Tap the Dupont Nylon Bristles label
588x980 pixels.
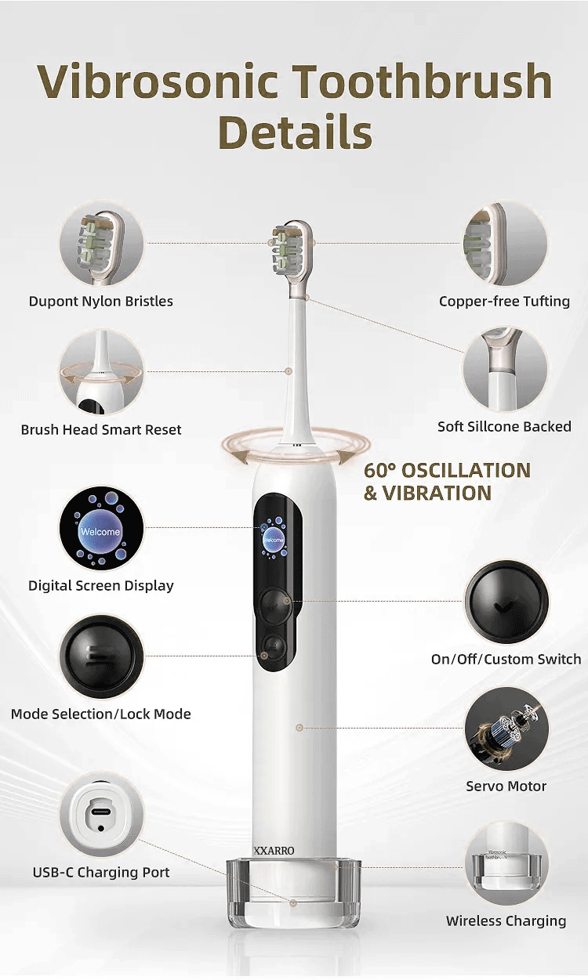coord(101,302)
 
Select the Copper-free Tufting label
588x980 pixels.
coord(504,302)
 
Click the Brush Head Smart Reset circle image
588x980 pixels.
coord(101,372)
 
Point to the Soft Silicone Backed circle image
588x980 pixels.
coord(504,370)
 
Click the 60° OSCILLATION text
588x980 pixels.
coord(447,471)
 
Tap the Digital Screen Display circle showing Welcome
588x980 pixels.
coord(101,530)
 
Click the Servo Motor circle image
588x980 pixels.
coord(506,729)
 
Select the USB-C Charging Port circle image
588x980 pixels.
coord(101,815)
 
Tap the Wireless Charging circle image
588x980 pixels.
coord(506,867)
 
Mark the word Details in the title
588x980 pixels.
coord(295,132)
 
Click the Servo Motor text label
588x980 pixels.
coord(506,787)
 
